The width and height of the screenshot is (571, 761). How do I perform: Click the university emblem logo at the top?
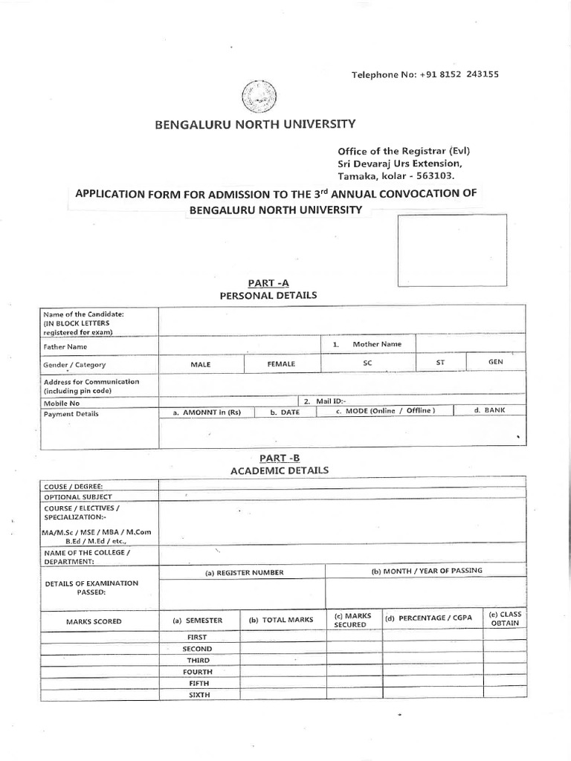(258, 97)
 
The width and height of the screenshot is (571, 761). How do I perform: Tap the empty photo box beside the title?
(451, 250)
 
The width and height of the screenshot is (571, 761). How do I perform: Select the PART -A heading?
(268, 282)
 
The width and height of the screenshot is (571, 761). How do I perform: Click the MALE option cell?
(201, 364)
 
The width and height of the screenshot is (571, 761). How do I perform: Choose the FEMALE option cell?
(282, 364)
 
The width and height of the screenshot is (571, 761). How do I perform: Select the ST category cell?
(440, 363)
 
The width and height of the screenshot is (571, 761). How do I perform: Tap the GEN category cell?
(495, 361)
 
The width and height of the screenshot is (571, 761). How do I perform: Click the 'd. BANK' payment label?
(488, 410)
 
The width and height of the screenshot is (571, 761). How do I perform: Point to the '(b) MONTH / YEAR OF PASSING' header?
(427, 571)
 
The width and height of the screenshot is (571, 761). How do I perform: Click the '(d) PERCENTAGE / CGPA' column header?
(429, 618)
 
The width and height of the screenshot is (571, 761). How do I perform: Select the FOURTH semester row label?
(199, 672)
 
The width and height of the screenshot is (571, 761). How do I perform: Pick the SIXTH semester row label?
(199, 695)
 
